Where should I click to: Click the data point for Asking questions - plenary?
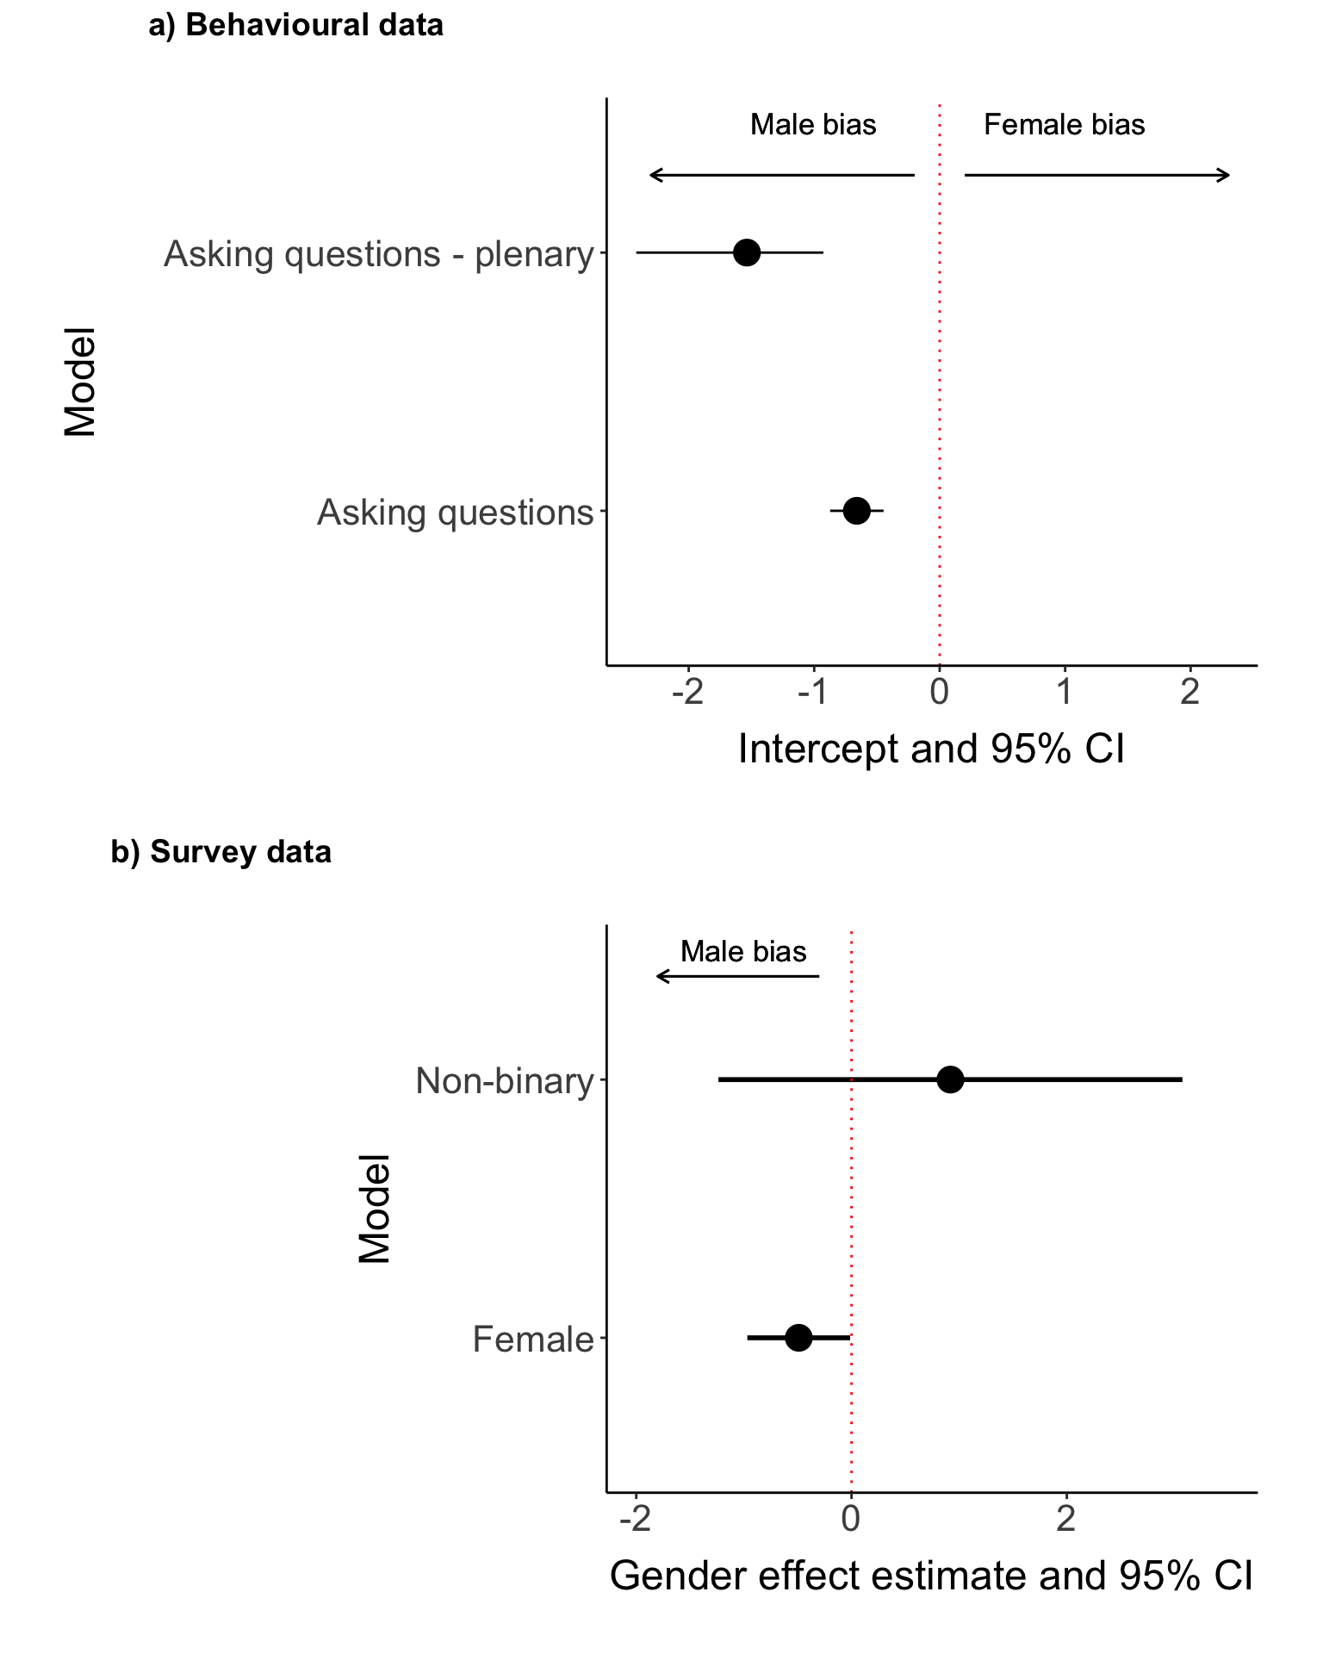tap(746, 252)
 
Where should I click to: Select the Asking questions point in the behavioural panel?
tap(856, 511)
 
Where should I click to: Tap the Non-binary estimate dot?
tap(949, 1079)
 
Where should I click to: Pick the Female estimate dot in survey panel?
tap(798, 1338)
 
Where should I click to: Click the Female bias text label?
tap(1064, 125)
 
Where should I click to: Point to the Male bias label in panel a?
tap(813, 125)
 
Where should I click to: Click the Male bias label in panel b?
tap(743, 952)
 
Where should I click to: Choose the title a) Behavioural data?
tap(296, 26)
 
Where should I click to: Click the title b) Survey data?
tap(221, 852)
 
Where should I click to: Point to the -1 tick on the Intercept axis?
tap(814, 692)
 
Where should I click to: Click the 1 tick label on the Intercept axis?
tap(1065, 692)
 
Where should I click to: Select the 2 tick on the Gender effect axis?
tap(1066, 1519)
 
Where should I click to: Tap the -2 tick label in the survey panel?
tap(636, 1519)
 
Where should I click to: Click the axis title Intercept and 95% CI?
tap(931, 749)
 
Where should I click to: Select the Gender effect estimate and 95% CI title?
tap(931, 1576)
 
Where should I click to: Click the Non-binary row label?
tap(505, 1080)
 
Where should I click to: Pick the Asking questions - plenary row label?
tap(379, 254)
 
